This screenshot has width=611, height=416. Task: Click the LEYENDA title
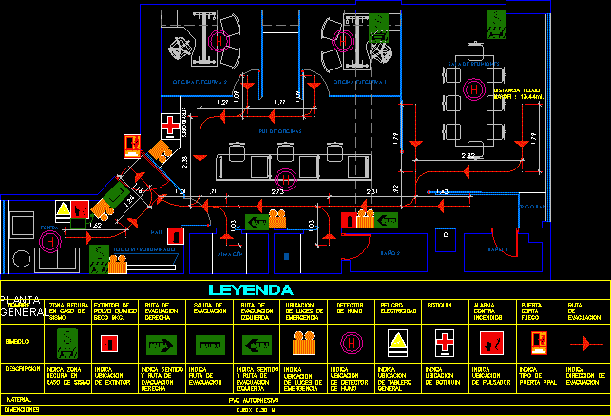point(251,289)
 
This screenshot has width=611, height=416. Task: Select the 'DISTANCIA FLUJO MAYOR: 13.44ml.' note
point(519,93)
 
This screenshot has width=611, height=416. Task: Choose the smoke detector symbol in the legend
point(351,342)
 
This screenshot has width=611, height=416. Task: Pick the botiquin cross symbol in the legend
point(445,342)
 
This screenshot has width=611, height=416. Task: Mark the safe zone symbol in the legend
point(67,342)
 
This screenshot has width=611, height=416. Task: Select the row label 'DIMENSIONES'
point(23,409)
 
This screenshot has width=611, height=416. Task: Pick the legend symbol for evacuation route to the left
point(255,342)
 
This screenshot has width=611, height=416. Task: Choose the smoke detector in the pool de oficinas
point(282,177)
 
